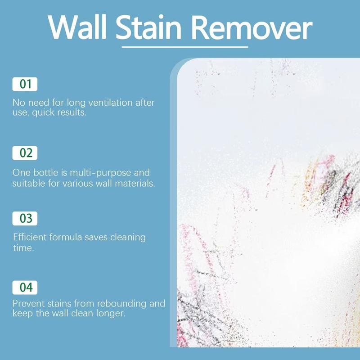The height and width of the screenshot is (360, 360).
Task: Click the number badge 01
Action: coord(25,84)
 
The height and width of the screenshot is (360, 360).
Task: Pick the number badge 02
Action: coord(25,153)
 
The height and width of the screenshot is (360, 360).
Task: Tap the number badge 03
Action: coord(25,219)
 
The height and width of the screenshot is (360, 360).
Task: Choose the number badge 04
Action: coord(25,287)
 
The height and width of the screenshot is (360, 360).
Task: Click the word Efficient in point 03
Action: coord(31,237)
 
